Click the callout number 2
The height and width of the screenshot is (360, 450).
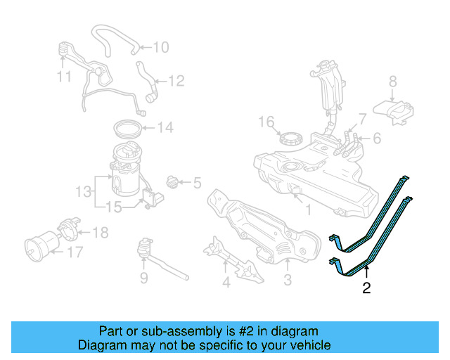[366, 287]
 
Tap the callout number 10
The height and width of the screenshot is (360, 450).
[160, 47]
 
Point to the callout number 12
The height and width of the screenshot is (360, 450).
[175, 82]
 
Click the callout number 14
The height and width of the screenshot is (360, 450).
[165, 128]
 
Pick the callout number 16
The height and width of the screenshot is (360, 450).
[264, 122]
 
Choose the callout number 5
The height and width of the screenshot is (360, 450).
[196, 184]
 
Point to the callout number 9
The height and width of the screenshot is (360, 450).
[143, 279]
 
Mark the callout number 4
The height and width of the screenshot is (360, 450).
[226, 283]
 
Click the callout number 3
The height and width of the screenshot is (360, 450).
[288, 282]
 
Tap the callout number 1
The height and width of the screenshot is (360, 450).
[307, 209]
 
